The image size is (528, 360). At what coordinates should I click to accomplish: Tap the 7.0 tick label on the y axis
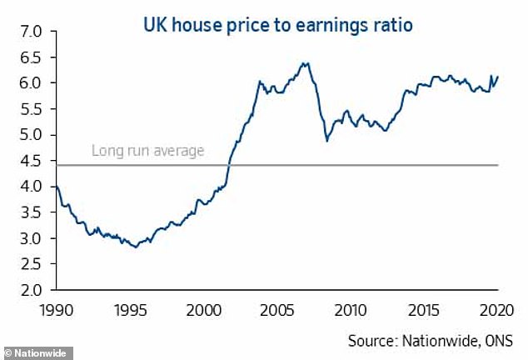[31, 32]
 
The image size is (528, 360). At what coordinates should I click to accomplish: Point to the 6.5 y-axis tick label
[31, 57]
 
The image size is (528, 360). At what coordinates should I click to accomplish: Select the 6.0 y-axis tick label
[31, 83]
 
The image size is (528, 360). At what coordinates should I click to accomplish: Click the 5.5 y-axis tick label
[31, 109]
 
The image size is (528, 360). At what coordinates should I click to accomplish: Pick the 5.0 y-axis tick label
[31, 135]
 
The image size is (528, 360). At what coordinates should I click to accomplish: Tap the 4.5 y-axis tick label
[31, 161]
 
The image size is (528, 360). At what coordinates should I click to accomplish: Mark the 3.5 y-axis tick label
[31, 212]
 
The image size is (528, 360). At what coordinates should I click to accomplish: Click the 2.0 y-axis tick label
[31, 290]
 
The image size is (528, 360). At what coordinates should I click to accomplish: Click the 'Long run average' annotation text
[148, 152]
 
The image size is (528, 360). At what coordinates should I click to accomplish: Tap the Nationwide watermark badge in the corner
[37, 353]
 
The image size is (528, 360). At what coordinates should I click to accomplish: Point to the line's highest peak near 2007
[306, 62]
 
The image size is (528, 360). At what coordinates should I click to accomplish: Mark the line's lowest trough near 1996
[135, 247]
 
